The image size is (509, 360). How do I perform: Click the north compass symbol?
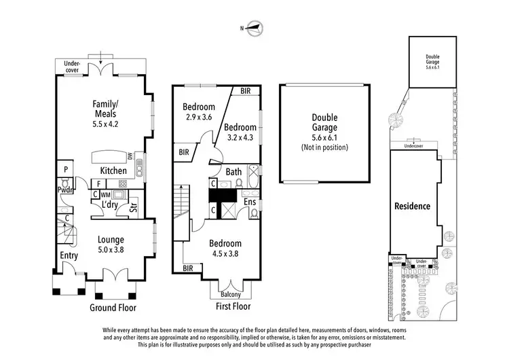(x=253, y=28)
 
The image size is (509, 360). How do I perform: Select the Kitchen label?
(x=113, y=170)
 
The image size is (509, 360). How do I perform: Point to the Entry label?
(x=69, y=256)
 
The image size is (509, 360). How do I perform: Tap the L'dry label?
(x=111, y=204)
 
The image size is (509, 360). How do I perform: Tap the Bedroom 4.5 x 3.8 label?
(x=226, y=248)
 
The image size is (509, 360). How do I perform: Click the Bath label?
(x=233, y=172)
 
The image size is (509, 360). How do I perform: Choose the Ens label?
(x=249, y=202)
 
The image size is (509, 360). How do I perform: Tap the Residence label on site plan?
(x=413, y=206)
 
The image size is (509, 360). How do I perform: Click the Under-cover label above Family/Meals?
(x=73, y=65)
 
